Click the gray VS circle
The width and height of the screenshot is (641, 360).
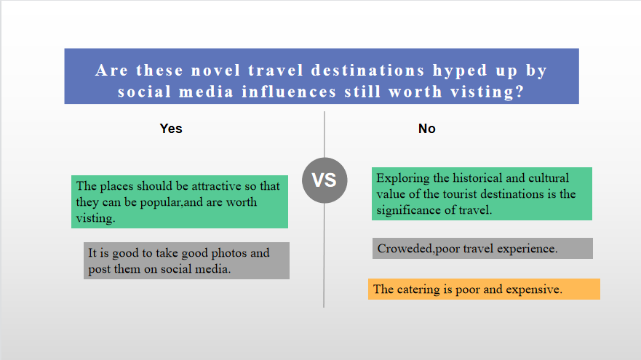tap(325, 180)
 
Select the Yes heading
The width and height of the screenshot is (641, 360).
tap(171, 129)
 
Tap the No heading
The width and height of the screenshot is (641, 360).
tap(427, 129)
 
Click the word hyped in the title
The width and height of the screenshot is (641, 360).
tap(461, 71)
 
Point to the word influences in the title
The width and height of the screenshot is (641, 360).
tap(289, 92)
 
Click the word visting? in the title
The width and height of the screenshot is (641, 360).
tap(487, 92)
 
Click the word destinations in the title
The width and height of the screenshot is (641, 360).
tap(367, 71)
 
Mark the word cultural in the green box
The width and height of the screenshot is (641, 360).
tap(549, 178)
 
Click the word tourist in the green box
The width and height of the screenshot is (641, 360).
tap(458, 194)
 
